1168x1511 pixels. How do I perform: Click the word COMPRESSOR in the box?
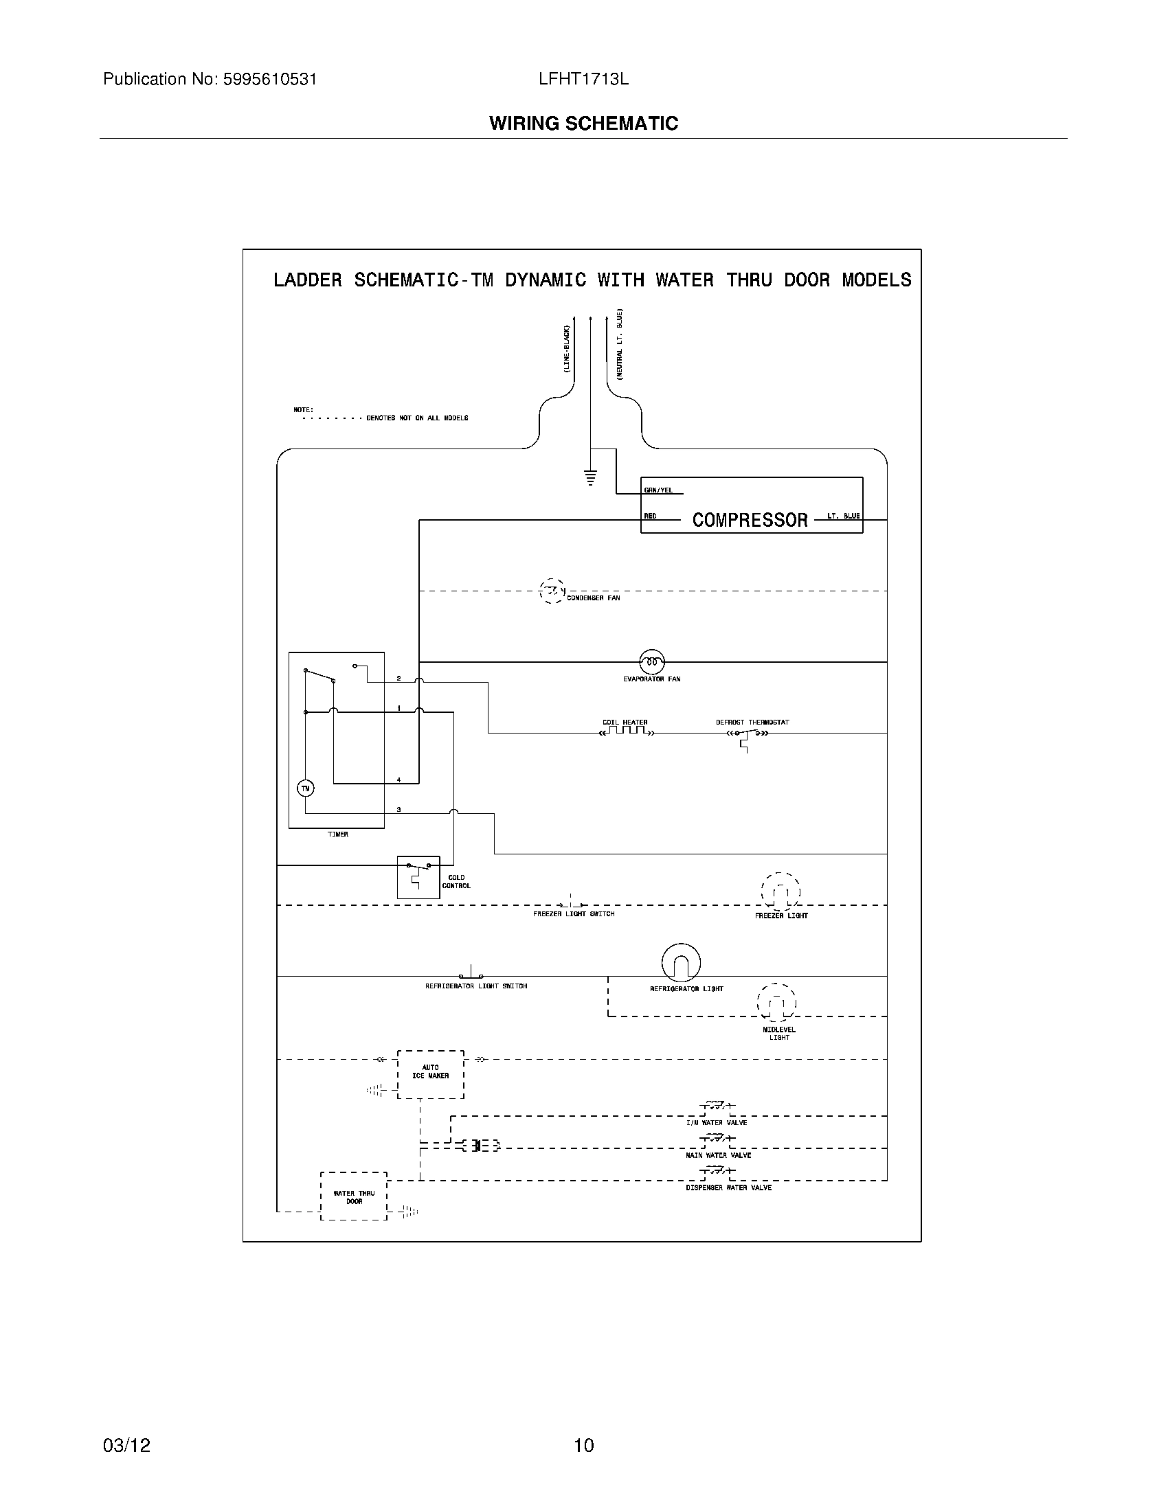750,520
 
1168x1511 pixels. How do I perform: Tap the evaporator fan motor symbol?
651,662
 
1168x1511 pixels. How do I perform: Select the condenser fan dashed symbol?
552,591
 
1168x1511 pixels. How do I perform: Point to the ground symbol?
590,477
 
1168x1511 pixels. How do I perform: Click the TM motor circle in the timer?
305,788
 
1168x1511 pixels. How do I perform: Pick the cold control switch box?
418,876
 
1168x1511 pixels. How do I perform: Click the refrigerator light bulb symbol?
681,962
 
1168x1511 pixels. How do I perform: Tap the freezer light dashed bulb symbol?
780,891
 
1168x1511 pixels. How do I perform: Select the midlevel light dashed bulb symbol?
776,1003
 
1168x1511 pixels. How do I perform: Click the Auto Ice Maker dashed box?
430,1073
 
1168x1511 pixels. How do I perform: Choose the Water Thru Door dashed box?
354,1196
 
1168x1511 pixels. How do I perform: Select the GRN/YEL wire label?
658,490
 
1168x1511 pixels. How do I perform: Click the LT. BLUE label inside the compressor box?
843,516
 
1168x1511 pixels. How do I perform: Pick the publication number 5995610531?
269,80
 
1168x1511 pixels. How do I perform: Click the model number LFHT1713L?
583,80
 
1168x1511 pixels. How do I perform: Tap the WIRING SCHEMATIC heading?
583,124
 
